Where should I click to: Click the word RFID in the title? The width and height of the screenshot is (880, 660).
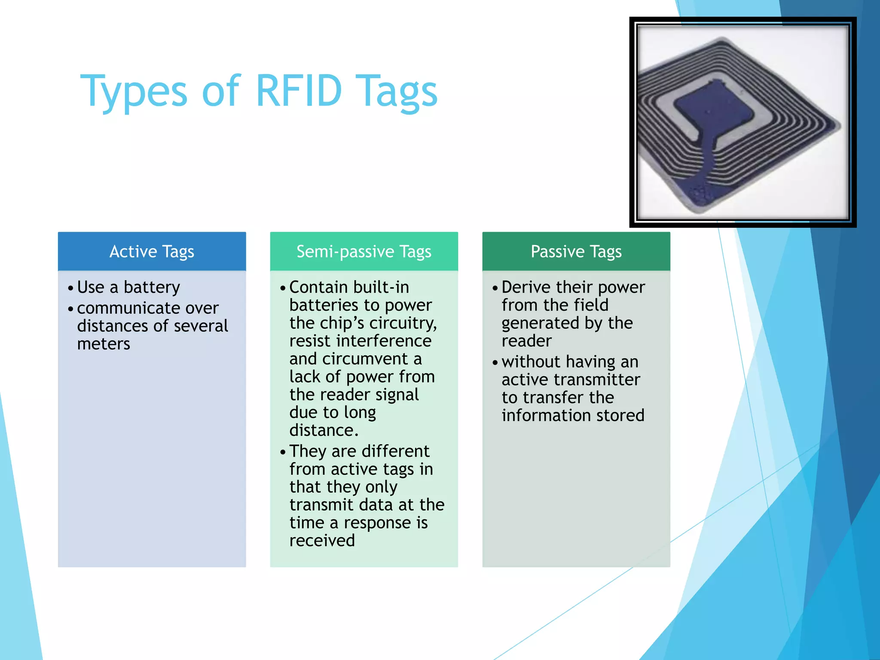click(299, 91)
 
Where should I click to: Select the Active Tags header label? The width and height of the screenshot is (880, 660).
click(152, 251)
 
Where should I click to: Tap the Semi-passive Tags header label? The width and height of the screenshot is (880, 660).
click(364, 251)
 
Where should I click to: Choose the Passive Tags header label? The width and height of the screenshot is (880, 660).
click(576, 251)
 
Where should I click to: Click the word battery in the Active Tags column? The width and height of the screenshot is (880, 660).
click(152, 287)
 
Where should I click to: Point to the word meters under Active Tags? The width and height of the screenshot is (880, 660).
click(104, 344)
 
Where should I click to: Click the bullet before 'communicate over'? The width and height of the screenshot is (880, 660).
click(71, 309)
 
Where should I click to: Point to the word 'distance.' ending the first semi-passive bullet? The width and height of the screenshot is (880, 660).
click(324, 431)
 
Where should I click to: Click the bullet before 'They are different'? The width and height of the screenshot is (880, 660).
click(283, 452)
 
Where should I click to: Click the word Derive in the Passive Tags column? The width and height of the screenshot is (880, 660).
click(526, 287)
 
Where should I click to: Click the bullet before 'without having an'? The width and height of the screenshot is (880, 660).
click(495, 363)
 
